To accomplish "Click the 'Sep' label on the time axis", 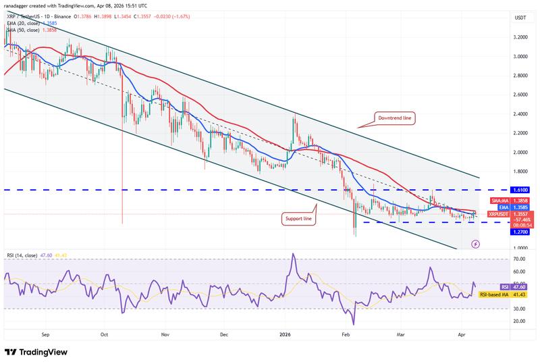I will (45, 334).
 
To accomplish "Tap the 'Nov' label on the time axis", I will (165, 334).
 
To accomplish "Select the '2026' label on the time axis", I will (286, 334).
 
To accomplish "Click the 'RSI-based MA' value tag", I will (496, 294).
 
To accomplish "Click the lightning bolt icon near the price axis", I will (475, 244).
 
